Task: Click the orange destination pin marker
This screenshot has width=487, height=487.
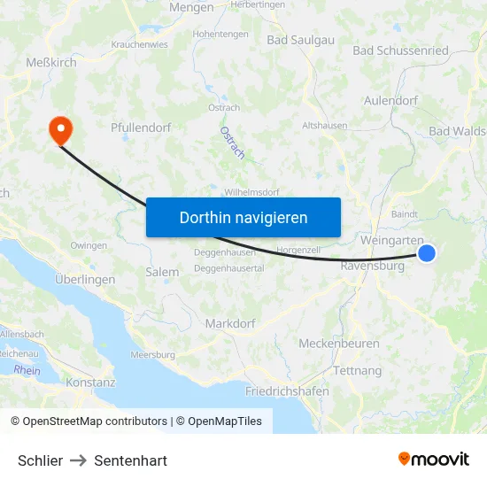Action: pos(61,130)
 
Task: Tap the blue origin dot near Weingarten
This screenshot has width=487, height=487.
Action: pos(427,253)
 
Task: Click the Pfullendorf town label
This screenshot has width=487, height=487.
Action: pos(141,128)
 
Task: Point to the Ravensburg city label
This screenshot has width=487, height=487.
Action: pos(372,264)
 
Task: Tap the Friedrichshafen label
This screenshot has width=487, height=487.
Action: pos(286,390)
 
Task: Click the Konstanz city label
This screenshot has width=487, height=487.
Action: pos(90,383)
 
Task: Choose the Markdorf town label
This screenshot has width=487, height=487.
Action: pos(230,324)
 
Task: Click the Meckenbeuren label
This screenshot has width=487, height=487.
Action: pos(339,344)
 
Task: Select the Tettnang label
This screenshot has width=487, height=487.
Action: pos(357,370)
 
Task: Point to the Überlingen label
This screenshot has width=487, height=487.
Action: pos(84,279)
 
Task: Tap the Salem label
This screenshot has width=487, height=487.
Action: pos(162,273)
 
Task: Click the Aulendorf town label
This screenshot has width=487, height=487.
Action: pos(390,101)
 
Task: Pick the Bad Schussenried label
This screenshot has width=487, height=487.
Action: pos(400,50)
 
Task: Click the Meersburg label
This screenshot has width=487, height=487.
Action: pos(152,355)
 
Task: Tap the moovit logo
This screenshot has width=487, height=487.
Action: pos(434,459)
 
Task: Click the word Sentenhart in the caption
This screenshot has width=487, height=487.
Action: pos(130,460)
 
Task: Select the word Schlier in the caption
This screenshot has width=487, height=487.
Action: pos(41,460)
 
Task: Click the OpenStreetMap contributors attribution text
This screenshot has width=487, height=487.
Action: pos(95,421)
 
